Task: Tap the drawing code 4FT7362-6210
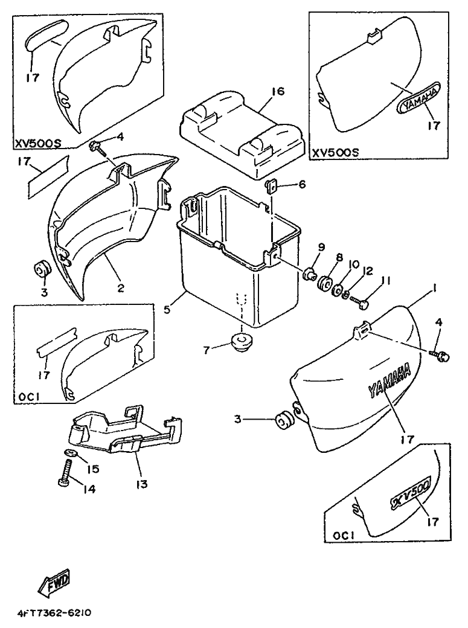tap(54, 612)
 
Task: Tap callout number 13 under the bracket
tap(141, 484)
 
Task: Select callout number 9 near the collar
tap(321, 247)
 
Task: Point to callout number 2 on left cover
tap(121, 288)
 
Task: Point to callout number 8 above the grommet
tap(339, 257)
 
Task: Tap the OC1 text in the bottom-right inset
tap(343, 535)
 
